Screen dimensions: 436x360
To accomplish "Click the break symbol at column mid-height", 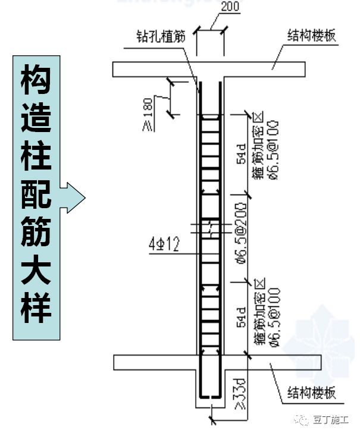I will point(211,228).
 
